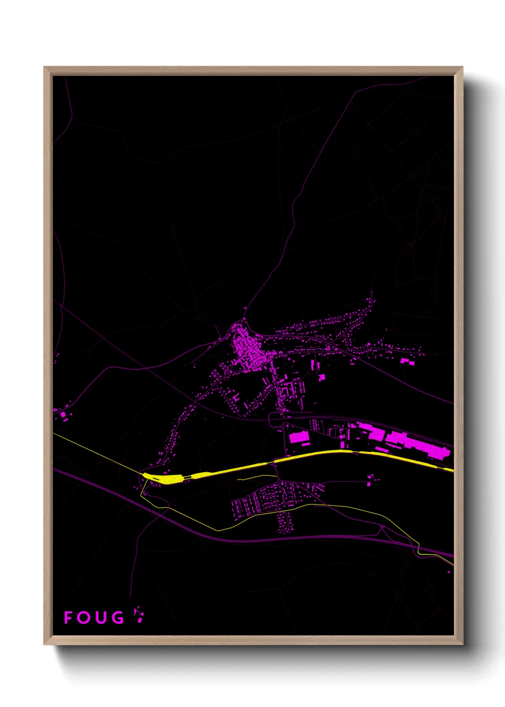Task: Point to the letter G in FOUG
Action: (117, 617)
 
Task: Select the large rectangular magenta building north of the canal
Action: (299, 437)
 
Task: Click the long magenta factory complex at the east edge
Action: (410, 442)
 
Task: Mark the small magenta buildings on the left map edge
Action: (62, 415)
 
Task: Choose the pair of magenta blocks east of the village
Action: (407, 361)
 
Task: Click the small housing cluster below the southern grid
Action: (285, 523)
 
